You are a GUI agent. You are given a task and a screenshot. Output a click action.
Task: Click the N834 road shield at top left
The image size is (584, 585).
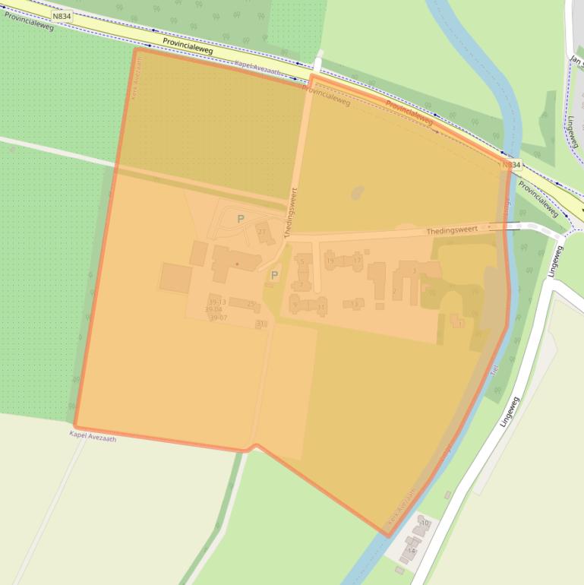pyautogui.click(x=62, y=15)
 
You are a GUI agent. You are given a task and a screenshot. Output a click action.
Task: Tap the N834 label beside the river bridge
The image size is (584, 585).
pyautogui.click(x=511, y=165)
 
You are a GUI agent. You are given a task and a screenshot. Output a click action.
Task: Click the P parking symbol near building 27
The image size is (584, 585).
pyautogui.click(x=241, y=219)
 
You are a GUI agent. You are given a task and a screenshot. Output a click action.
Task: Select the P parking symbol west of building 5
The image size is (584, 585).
pyautogui.click(x=274, y=275)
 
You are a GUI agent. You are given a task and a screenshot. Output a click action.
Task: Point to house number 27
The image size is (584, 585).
pyautogui.click(x=263, y=231)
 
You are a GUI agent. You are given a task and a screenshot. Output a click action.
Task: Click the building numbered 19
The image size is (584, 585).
pyautogui.click(x=330, y=261)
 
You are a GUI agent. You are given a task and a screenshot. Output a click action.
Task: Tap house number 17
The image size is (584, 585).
pyautogui.click(x=357, y=261)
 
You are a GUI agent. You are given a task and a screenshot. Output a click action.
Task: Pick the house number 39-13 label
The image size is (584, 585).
pyautogui.click(x=216, y=302)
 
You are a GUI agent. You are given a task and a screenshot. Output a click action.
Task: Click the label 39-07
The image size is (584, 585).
pyautogui.click(x=219, y=317)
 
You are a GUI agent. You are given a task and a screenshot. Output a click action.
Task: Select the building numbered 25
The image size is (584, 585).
pyautogui.click(x=250, y=304)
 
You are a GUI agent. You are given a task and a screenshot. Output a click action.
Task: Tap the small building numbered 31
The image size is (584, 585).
pyautogui.click(x=261, y=324)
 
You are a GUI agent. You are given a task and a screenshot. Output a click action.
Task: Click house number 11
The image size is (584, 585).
pyautogui.click(x=322, y=307)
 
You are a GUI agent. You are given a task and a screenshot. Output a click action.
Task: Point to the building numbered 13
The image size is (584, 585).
pyautogui.click(x=354, y=304)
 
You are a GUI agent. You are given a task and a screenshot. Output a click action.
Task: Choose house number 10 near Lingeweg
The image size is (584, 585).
pyautogui.click(x=425, y=523)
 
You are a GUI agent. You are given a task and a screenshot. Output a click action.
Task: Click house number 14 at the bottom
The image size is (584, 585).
pyautogui.click(x=412, y=550)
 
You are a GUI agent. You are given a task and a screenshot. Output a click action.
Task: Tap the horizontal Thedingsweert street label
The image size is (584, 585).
pyautogui.click(x=452, y=230)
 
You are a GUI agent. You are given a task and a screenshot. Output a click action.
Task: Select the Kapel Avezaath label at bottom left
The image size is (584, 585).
pyautogui.click(x=93, y=436)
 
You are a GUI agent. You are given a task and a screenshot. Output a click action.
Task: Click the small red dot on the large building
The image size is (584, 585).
pyautogui.click(x=237, y=264)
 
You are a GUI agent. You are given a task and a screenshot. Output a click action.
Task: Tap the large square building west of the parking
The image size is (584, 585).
pyautogui.click(x=175, y=277)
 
